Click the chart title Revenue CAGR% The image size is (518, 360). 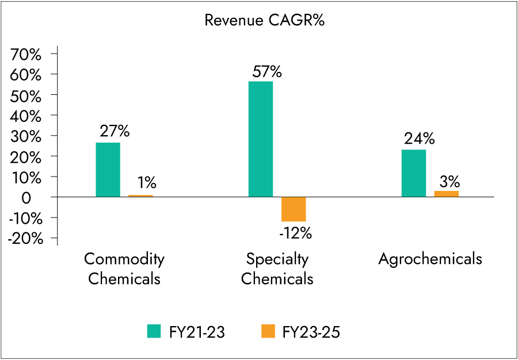(x=258, y=21)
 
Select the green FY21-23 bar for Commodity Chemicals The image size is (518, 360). (x=108, y=170)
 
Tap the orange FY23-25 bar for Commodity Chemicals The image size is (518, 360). (x=140, y=196)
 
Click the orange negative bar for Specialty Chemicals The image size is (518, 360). (x=294, y=209)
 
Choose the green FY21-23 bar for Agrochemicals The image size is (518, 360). (x=414, y=173)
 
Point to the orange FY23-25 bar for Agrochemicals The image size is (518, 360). (x=447, y=194)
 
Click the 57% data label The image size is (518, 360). (x=267, y=72)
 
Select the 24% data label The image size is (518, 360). (x=420, y=140)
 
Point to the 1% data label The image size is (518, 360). (x=146, y=183)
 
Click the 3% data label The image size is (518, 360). (x=450, y=182)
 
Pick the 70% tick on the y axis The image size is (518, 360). (x=26, y=54)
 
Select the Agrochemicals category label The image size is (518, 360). (x=430, y=259)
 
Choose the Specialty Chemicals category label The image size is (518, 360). (x=277, y=269)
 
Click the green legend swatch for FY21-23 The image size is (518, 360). (x=155, y=331)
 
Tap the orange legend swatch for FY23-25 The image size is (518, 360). (x=268, y=331)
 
